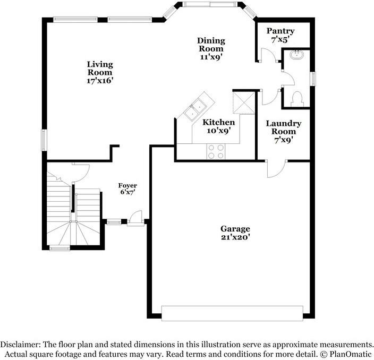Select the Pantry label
pos(280,31)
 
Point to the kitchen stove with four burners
pos(215,151)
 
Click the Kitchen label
pos(218,123)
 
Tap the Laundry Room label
pos(283,127)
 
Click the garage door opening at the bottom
pos(232,313)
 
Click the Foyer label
pos(127,185)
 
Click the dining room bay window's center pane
pos(210,5)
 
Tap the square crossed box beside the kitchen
pos(244,101)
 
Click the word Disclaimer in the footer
pos(21,344)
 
